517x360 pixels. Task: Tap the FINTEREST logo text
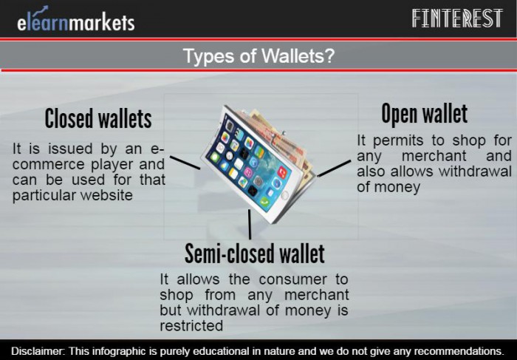pyautogui.click(x=457, y=18)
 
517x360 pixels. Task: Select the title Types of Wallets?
pyautogui.click(x=258, y=55)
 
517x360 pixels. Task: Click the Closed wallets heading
pyautogui.click(x=98, y=118)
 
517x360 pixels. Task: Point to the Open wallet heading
pyautogui.click(x=425, y=113)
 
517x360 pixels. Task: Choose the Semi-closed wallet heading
pyautogui.click(x=255, y=254)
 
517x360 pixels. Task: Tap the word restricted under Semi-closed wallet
pyautogui.click(x=191, y=326)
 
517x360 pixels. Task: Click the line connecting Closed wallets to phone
pyautogui.click(x=185, y=163)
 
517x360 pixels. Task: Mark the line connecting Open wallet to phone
pyautogui.click(x=334, y=169)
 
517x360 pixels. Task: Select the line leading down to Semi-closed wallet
pyautogui.click(x=250, y=225)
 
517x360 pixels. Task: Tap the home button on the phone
pyautogui.click(x=284, y=196)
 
